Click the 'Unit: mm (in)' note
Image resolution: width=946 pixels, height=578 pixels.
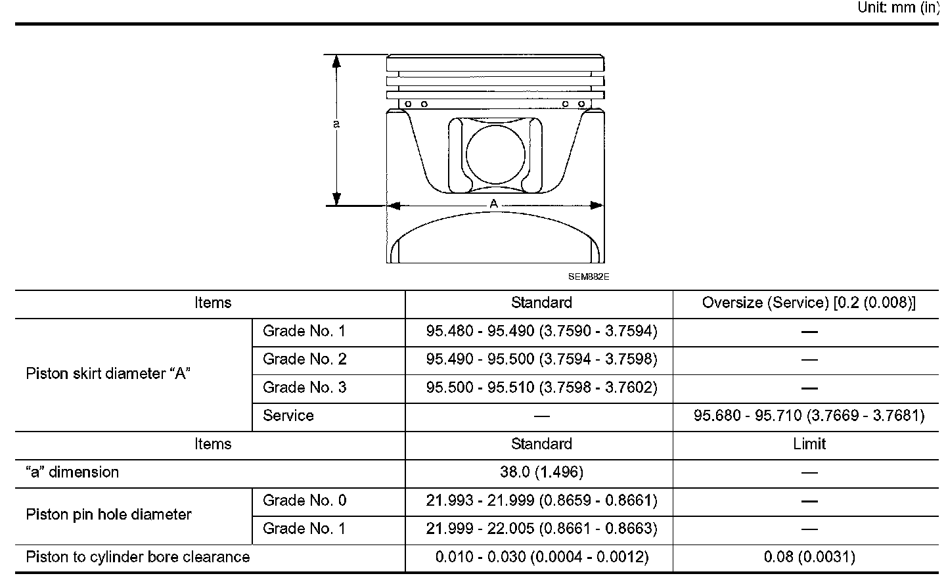(899, 8)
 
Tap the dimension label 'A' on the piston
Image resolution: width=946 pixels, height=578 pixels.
(494, 204)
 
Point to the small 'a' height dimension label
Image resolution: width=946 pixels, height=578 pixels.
(336, 124)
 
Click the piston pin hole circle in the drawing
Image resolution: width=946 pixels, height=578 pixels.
(496, 154)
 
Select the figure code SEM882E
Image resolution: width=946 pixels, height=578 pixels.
(589, 277)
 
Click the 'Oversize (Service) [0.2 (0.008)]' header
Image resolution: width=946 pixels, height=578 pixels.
(809, 303)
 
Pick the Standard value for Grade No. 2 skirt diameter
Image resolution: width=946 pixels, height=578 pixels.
(541, 359)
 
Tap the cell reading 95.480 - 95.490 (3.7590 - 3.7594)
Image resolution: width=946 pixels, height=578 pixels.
(541, 331)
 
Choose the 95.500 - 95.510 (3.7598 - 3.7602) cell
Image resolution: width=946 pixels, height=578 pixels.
(541, 388)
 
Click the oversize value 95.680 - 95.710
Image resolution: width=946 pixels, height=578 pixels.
(809, 416)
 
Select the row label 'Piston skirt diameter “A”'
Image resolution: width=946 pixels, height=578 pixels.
(108, 374)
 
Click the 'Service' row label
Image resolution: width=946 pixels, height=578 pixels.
(288, 416)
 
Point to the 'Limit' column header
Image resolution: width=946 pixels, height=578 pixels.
(809, 444)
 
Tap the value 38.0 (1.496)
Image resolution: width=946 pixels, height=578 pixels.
(541, 472)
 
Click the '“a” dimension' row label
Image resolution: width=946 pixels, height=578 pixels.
(72, 472)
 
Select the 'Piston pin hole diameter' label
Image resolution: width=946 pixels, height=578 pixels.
(108, 514)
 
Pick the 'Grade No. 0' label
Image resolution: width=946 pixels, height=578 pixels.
(304, 500)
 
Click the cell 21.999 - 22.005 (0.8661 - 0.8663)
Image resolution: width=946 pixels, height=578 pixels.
(541, 529)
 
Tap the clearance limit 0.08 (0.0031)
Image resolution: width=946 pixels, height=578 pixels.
(809, 557)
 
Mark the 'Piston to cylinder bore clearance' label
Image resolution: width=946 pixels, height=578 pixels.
(138, 557)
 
